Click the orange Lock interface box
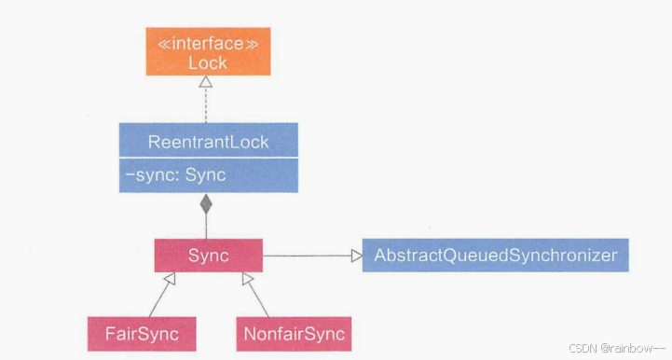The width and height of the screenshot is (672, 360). pos(207,53)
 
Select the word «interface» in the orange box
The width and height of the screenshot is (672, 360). pos(207,43)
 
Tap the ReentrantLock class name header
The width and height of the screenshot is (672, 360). pos(208,142)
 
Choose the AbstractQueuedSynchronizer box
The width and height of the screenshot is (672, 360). pos(494,256)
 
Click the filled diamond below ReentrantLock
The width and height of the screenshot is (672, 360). pos(207,201)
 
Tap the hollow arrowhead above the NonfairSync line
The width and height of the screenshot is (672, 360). pos(247,280)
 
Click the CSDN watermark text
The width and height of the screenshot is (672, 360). pos(585,348)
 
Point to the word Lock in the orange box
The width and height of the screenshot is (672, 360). pos(207,63)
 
